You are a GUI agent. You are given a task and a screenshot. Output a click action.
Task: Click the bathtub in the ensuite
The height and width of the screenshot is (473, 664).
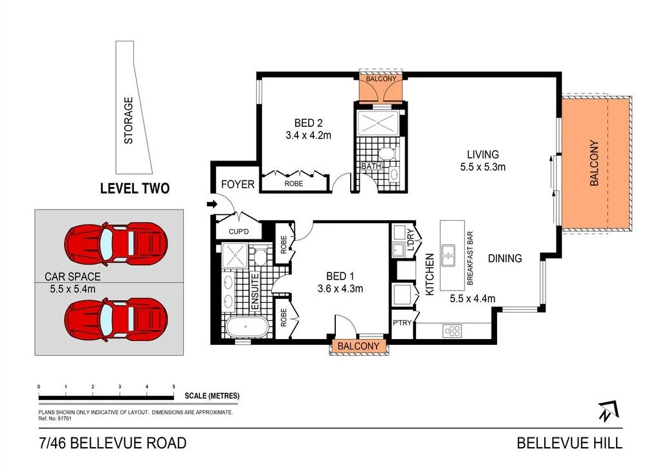click(247, 327)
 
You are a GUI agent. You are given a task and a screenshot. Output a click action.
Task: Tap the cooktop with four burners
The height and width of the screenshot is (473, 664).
click(452, 331)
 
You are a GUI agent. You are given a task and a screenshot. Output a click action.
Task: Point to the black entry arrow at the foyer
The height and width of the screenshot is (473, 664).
click(212, 204)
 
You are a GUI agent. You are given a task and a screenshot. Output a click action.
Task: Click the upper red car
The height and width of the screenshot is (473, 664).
click(116, 245)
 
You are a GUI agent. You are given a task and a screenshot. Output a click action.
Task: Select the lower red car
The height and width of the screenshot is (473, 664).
click(116, 318)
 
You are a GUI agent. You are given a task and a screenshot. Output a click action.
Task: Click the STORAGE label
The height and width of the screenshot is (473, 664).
click(128, 121)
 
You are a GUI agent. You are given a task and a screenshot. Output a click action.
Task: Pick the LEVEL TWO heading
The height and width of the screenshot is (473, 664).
click(135, 188)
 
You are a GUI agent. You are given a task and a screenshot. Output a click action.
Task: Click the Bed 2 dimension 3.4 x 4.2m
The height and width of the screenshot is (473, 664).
click(308, 135)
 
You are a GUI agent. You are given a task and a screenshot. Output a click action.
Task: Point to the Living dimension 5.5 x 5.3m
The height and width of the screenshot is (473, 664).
click(483, 167)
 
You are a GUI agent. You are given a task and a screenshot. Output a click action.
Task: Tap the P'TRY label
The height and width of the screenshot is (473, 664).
click(402, 323)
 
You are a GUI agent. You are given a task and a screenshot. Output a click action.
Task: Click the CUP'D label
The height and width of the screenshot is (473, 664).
click(238, 232)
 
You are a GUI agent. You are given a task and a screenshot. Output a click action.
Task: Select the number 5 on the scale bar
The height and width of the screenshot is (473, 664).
click(173, 386)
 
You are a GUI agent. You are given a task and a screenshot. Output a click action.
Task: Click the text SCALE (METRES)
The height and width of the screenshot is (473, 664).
click(212, 396)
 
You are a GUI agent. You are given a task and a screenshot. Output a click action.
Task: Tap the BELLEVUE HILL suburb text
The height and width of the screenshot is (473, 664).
click(570, 443)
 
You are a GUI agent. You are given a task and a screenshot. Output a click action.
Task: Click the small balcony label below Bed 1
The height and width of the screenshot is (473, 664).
click(359, 346)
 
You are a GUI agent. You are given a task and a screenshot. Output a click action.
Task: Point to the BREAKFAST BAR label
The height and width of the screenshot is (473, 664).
click(470, 258)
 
